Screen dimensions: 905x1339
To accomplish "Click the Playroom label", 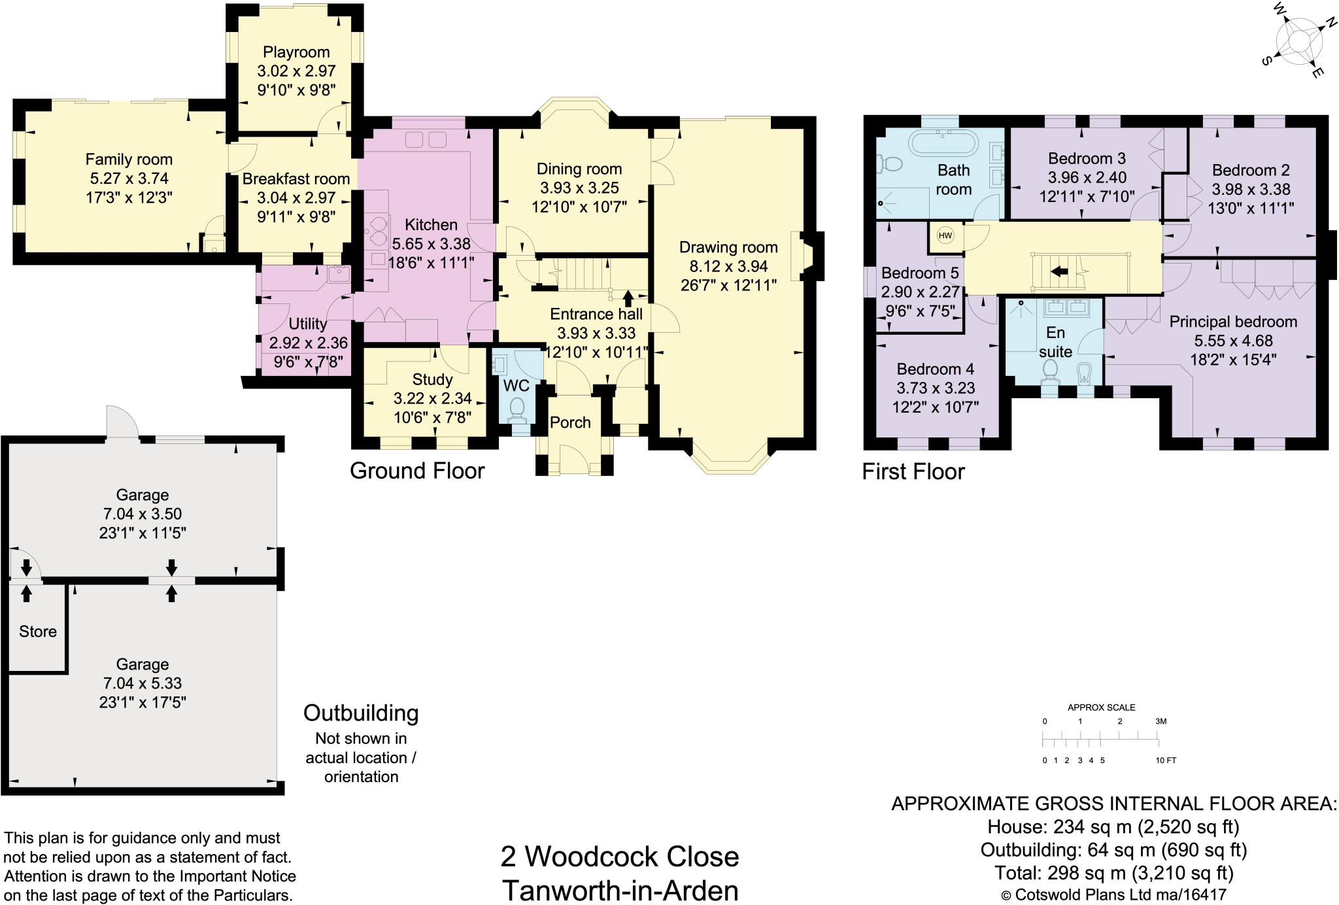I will click(x=296, y=52).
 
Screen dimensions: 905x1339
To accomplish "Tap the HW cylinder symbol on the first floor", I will click(x=945, y=236).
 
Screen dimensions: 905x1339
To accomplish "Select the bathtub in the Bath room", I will click(x=943, y=143).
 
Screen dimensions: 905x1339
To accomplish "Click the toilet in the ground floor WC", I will click(x=517, y=408).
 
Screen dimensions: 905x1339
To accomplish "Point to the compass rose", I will click(x=1298, y=41).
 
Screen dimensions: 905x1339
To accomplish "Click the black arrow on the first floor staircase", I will click(x=1059, y=271).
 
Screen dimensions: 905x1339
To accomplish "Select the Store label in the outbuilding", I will click(x=38, y=632).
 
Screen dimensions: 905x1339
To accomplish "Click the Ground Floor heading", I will click(x=417, y=471).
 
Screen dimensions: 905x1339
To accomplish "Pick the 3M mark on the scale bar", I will click(x=1161, y=721).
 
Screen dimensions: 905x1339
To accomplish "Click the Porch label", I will click(x=570, y=422).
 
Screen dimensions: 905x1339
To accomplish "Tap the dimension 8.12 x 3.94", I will click(x=728, y=266).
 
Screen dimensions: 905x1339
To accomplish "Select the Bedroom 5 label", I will click(x=919, y=273).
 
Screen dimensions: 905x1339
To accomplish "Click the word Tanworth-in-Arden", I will click(x=620, y=891).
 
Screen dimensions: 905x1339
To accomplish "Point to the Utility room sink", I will click(x=339, y=274).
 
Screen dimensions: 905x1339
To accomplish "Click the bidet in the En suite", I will click(x=1085, y=374).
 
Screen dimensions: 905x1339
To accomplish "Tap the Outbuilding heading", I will click(x=361, y=713).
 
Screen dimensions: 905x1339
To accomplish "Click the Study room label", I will click(x=432, y=380).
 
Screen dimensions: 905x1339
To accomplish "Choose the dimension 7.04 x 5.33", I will click(x=143, y=683).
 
